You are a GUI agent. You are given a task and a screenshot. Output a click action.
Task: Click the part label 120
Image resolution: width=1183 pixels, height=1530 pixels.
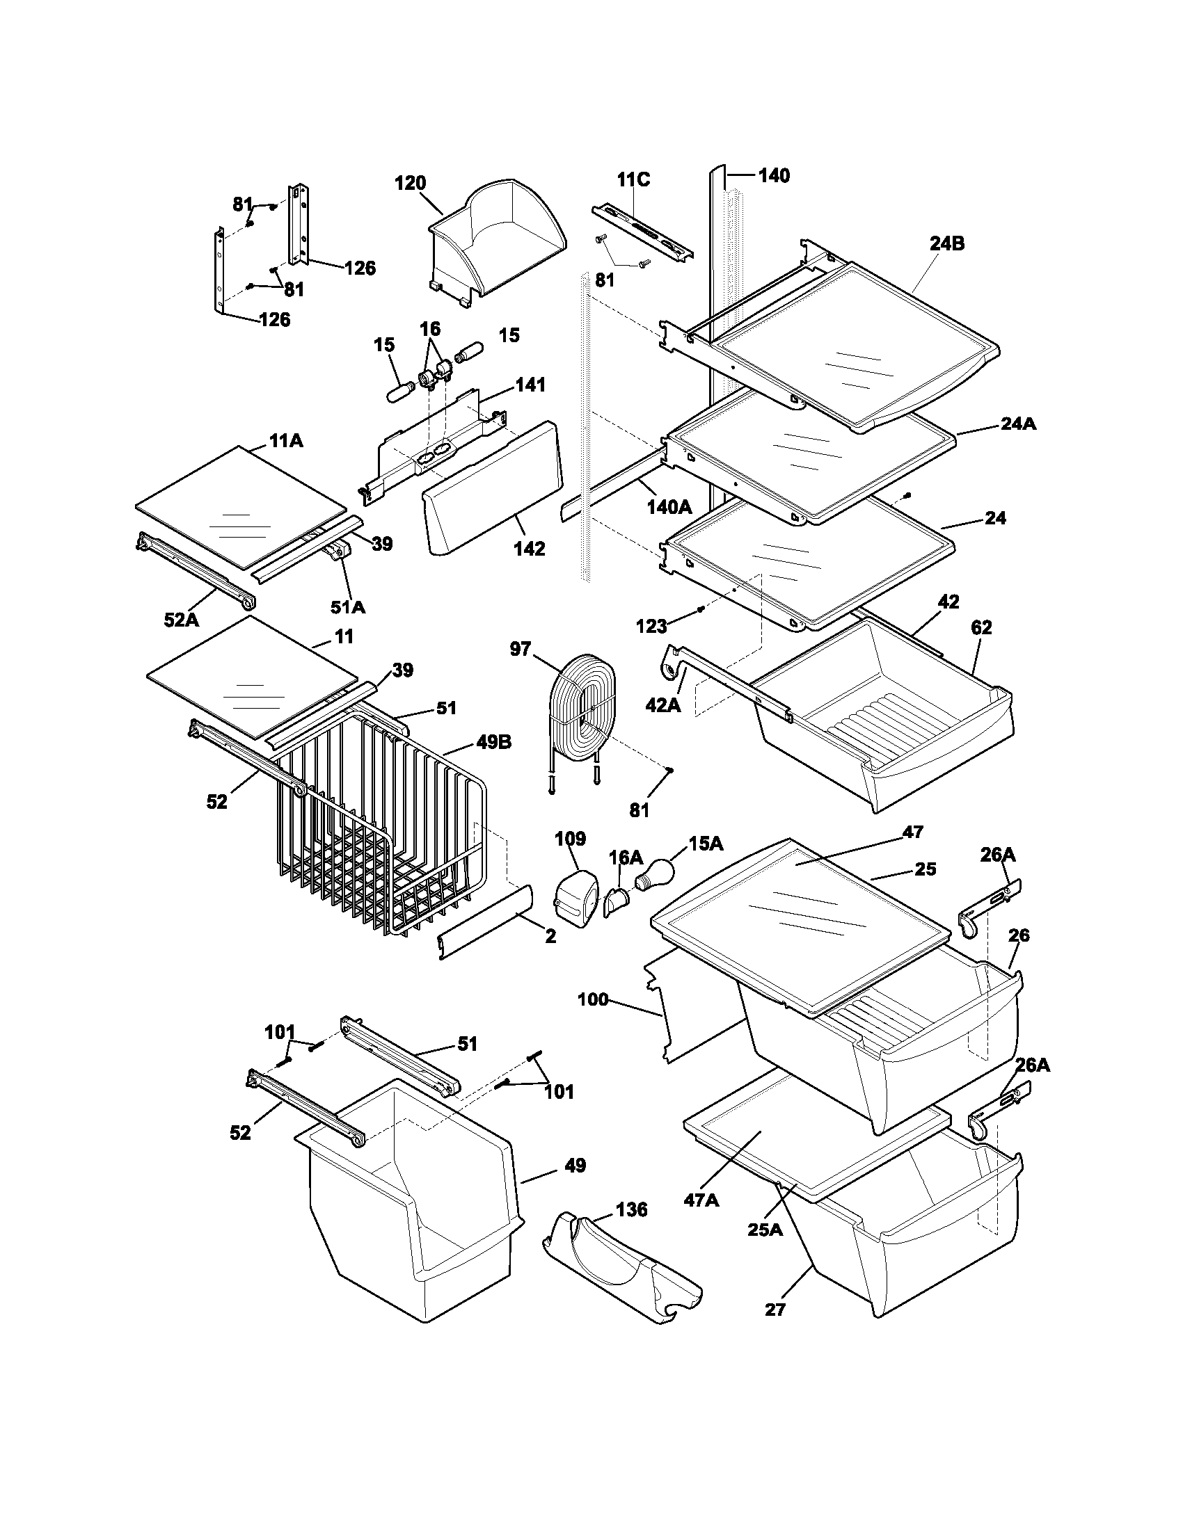tap(410, 184)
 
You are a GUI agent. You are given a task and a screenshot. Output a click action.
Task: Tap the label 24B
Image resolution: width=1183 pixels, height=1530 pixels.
tap(947, 244)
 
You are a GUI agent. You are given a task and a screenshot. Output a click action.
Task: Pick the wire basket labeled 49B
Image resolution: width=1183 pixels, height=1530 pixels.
tap(379, 827)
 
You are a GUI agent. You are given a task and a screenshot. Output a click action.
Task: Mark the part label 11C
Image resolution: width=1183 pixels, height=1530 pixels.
tap(633, 179)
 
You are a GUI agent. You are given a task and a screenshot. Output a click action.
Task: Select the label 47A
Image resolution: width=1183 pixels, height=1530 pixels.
tap(701, 1200)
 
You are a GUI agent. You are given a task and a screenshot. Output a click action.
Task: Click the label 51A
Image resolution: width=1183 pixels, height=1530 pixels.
tap(349, 606)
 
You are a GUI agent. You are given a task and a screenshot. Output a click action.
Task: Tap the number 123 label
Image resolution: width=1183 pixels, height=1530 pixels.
tap(651, 627)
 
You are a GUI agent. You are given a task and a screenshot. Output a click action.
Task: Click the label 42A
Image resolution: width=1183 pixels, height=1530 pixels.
tap(662, 704)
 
